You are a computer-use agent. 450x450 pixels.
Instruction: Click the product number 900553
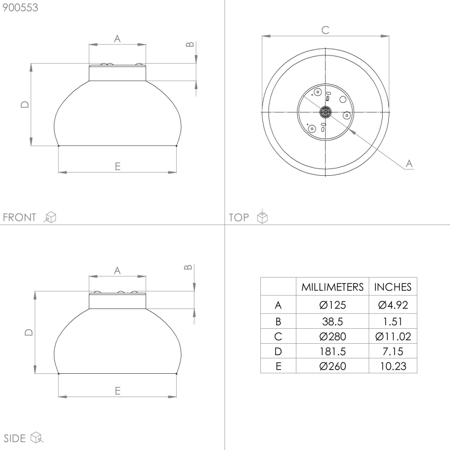click(x=20, y=8)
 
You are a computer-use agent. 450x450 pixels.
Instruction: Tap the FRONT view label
click(x=20, y=217)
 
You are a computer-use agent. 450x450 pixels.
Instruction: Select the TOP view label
click(x=239, y=217)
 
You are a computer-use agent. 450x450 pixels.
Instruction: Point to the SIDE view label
click(x=15, y=438)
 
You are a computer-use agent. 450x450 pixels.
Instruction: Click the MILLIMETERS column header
click(x=332, y=287)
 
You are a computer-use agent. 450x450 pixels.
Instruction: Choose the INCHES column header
click(x=392, y=287)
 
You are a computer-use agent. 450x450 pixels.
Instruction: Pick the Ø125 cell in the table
click(x=332, y=305)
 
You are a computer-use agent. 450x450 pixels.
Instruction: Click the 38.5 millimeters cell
click(x=332, y=321)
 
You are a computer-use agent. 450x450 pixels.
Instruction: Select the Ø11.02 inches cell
click(x=393, y=336)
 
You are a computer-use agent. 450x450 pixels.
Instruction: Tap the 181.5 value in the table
click(x=332, y=351)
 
